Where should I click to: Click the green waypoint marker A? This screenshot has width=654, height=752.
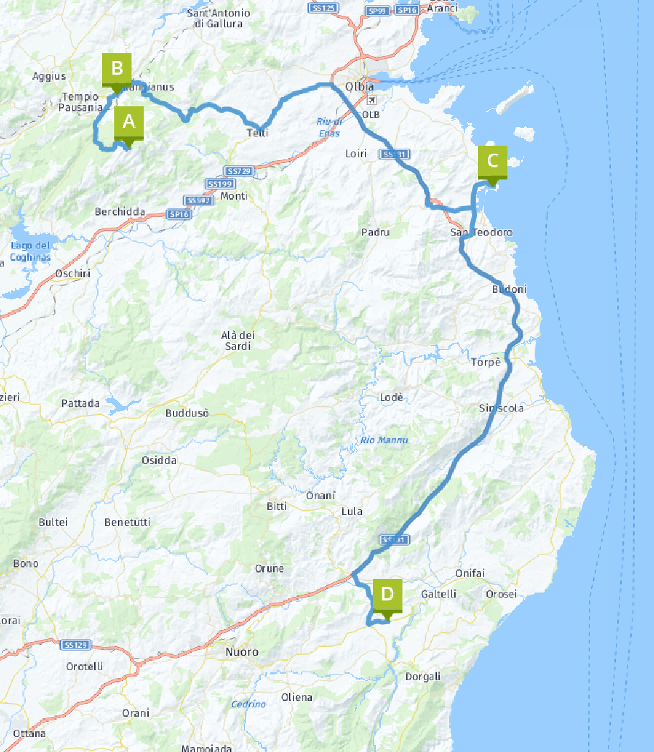tap(129, 123)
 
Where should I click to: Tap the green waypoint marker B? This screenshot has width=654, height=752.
tap(116, 70)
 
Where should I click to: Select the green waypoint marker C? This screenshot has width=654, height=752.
tap(492, 161)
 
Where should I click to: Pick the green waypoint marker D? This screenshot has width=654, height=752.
tap(387, 595)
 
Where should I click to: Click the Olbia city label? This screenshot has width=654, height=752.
tap(359, 86)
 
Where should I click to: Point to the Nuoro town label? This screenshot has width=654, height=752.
tap(241, 652)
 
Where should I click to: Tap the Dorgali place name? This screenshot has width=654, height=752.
tap(423, 677)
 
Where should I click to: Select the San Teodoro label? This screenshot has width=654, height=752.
tap(482, 232)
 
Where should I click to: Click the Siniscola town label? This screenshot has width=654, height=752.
tap(502, 408)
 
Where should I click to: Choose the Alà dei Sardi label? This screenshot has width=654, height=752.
tap(238, 340)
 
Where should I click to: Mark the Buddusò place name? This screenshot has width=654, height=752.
tap(187, 413)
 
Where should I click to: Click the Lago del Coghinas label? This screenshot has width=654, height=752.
tap(29, 251)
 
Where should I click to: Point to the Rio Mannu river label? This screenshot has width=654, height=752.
tap(384, 440)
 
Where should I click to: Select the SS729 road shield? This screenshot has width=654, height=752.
tap(239, 171)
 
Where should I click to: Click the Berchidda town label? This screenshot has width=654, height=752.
tap(120, 212)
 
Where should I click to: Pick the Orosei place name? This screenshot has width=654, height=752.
tap(501, 594)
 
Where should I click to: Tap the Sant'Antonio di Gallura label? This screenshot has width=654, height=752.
tap(218, 18)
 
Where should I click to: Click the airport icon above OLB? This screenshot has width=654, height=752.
tap(371, 101)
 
